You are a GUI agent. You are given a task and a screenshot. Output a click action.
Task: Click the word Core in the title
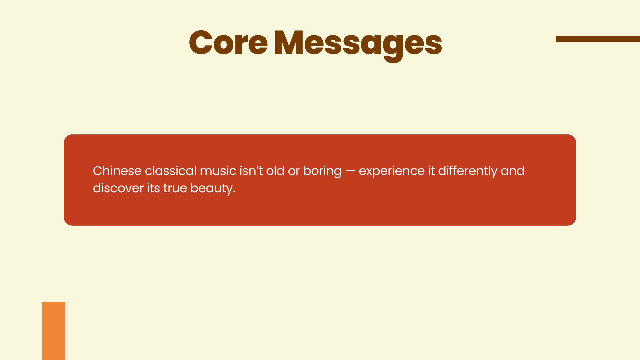[228, 43]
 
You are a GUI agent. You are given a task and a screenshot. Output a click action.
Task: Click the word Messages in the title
[358, 45]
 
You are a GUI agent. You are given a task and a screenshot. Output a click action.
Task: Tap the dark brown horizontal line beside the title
[598, 39]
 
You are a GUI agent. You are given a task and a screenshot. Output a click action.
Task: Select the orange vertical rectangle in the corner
[54, 331]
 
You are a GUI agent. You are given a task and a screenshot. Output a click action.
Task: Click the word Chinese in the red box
[117, 171]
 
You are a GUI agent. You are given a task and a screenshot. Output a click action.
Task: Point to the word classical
[171, 171]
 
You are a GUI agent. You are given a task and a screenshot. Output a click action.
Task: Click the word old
[275, 171]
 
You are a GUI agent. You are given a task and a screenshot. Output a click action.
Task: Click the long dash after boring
[350, 171]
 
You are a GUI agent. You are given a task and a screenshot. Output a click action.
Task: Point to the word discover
[118, 188]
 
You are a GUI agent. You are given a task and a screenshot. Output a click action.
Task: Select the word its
[153, 188]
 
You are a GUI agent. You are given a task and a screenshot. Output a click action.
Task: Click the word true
[175, 188]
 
